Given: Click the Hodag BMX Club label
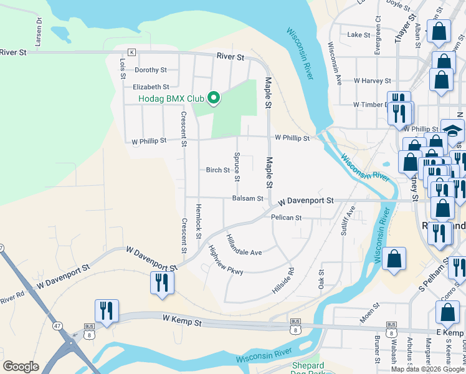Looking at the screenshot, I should pos(171,98).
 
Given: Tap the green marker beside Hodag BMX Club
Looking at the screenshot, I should pos(214,98).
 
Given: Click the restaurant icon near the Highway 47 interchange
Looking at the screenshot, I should pos(107,311).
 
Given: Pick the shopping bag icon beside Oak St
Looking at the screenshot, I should pos(394,259).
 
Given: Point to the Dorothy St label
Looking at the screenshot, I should pos(151,70).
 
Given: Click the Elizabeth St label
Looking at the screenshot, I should pos(151,87).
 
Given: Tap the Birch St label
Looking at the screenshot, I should pos(218,170).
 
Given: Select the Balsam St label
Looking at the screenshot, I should pos(247,199).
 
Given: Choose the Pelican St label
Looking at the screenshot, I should pos(286,218).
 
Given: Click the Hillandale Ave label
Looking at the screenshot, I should pos(244,247).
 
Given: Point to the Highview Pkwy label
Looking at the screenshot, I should pos(225,259).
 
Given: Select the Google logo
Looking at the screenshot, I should pos(21,367).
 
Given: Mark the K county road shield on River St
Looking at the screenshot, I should pos(131,52).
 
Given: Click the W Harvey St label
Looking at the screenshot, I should pos(372,81).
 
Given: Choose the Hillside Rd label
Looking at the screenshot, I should pos(282,280).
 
